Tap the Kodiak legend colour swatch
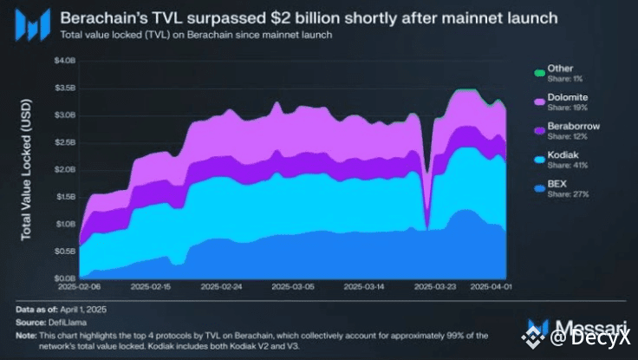(538, 157)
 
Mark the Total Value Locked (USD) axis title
(26, 169)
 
